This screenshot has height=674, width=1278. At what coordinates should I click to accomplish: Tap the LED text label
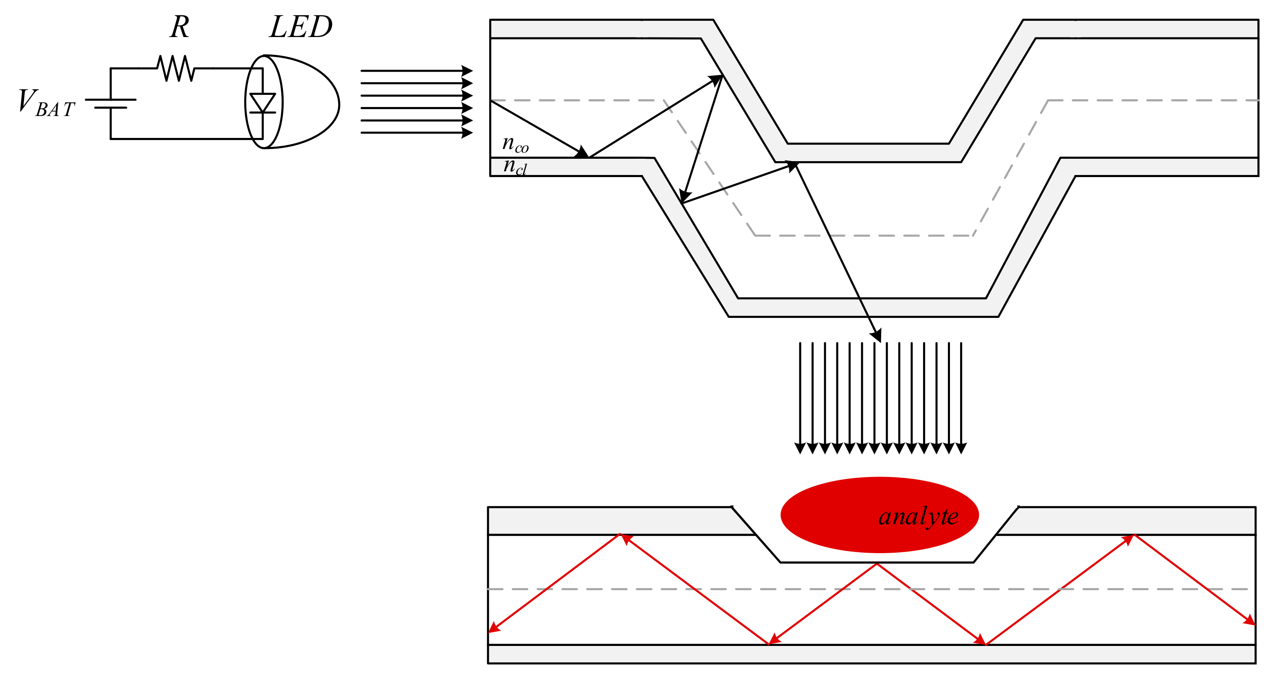pyautogui.click(x=301, y=27)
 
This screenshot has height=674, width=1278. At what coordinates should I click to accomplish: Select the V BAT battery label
pyautogui.click(x=46, y=103)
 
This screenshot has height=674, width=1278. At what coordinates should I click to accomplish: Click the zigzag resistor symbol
pyautogui.click(x=176, y=68)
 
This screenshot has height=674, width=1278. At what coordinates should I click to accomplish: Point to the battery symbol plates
pyautogui.click(x=111, y=103)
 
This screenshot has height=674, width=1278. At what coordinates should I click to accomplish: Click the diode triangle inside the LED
pyautogui.click(x=263, y=103)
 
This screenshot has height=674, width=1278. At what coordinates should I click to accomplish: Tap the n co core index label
pyautogui.click(x=515, y=144)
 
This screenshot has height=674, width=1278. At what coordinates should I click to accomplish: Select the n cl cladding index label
pyautogui.click(x=515, y=166)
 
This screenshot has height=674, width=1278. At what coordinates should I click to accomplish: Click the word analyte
pyautogui.click(x=918, y=517)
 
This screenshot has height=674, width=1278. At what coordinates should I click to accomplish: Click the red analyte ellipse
pyautogui.click(x=834, y=516)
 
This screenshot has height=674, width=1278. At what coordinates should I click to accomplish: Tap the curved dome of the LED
pyautogui.click(x=317, y=102)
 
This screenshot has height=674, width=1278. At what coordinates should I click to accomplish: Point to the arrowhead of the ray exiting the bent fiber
pyautogui.click(x=877, y=336)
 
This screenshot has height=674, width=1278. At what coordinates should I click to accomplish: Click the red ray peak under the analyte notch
pyautogui.click(x=877, y=565)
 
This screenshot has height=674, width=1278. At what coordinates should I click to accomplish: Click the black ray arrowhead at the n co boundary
pyautogui.click(x=582, y=152)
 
